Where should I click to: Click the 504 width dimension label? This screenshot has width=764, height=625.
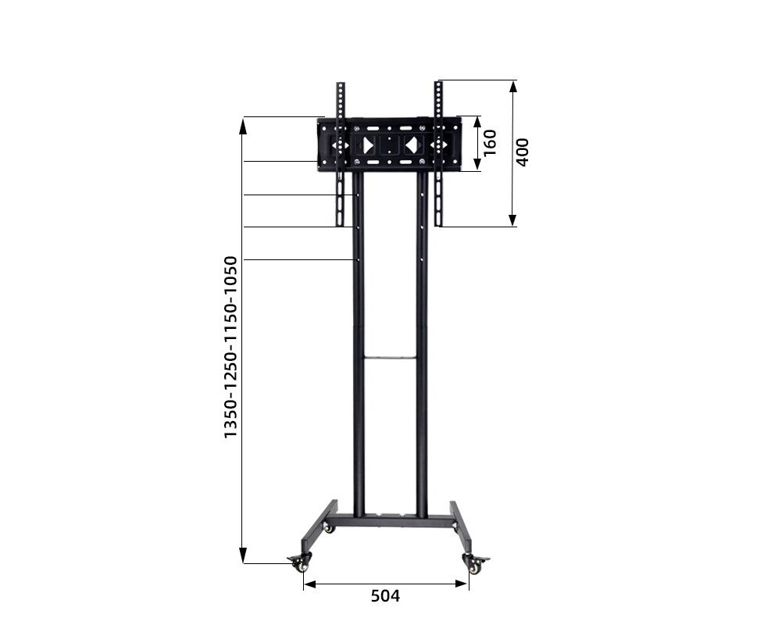[385, 596]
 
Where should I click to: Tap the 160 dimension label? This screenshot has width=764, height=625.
[489, 143]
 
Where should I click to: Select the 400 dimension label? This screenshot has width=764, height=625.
[522, 152]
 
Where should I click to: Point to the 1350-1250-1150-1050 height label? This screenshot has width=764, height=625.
[230, 348]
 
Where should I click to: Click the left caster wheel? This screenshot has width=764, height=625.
[298, 564]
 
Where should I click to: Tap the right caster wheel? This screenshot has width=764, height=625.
[476, 564]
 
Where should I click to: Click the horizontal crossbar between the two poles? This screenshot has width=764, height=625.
[391, 358]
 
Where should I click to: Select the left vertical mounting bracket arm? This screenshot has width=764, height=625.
[340, 154]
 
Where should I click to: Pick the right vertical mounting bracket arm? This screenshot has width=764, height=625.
[439, 154]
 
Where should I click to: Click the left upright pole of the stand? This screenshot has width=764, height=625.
[359, 344]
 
